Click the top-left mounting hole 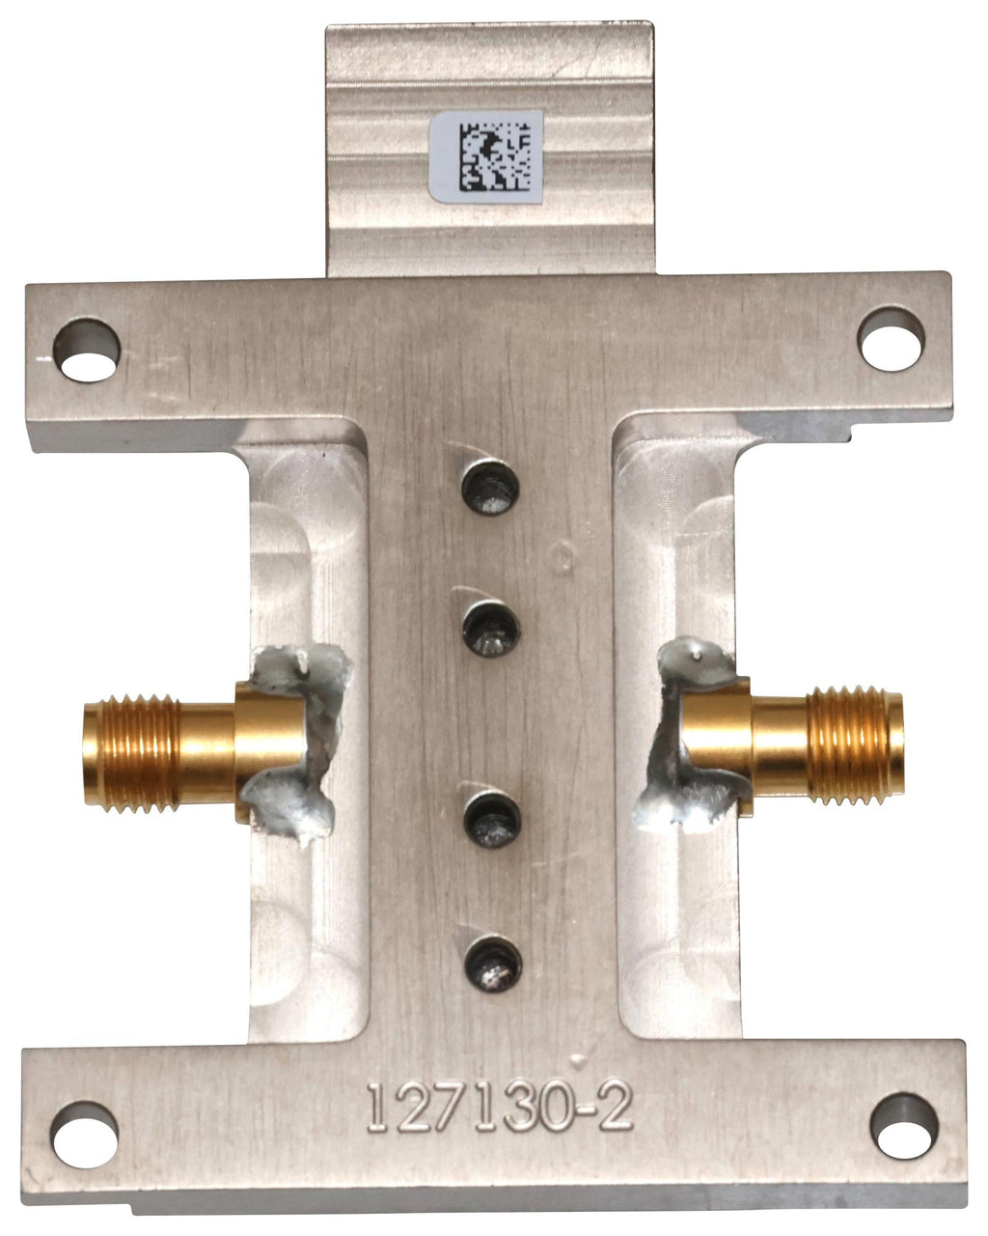(87, 351)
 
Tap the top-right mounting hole (891, 339)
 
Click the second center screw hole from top (492, 630)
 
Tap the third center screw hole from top (492, 820)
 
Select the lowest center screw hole (493, 964)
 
